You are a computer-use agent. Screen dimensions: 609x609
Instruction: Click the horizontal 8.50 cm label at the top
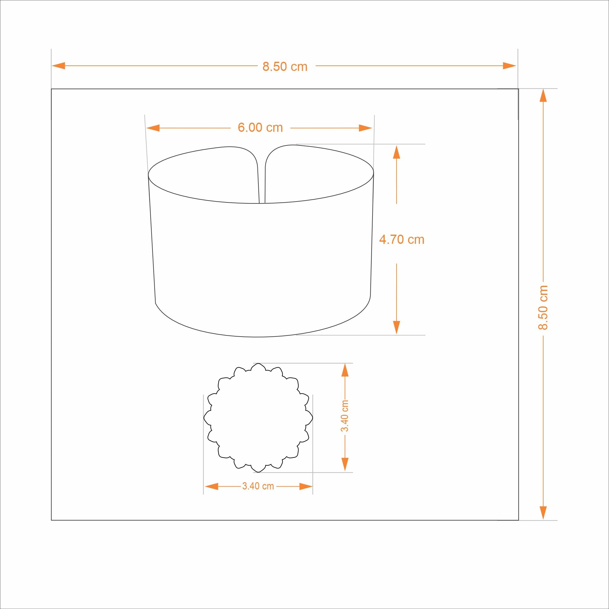[x=285, y=67]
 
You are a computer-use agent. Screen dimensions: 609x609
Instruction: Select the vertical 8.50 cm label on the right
[x=543, y=307]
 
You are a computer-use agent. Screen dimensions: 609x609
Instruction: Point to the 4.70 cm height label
[x=402, y=240]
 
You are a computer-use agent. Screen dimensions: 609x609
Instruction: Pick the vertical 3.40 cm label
[x=345, y=416]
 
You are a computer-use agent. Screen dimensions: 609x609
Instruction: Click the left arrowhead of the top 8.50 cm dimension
[x=58, y=66]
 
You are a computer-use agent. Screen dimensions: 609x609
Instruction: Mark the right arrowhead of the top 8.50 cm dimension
[x=509, y=66]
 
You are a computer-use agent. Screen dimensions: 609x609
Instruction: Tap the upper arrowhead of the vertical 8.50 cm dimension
[x=543, y=96]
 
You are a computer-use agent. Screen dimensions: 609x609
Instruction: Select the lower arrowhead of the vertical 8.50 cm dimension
[x=543, y=513]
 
